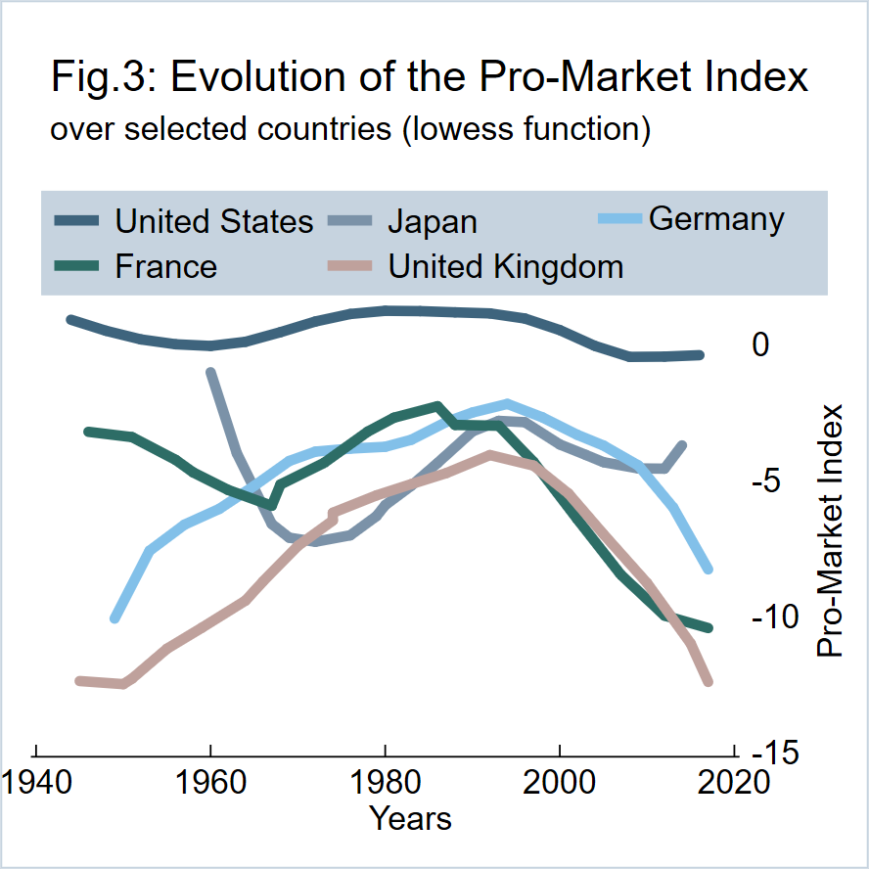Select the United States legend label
(214, 221)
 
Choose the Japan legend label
(433, 221)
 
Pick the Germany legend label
(716, 219)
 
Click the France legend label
(166, 265)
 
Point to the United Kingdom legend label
(506, 265)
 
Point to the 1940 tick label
(36, 784)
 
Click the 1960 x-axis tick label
(210, 784)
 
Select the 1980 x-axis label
(386, 784)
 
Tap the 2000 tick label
(560, 784)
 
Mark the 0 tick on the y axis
(760, 344)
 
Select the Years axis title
(410, 818)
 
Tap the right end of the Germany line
(708, 569)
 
